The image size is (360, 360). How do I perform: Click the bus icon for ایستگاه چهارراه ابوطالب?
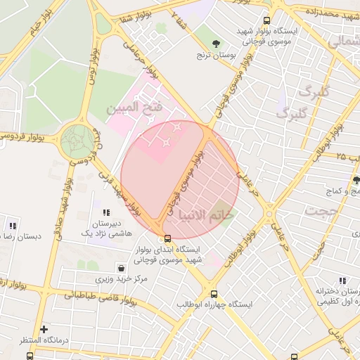tap(214, 295)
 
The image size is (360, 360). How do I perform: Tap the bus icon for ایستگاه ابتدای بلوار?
tap(167, 238)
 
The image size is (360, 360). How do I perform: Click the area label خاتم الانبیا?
tap(207, 215)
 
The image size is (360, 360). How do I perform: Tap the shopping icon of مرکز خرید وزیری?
tap(122, 268)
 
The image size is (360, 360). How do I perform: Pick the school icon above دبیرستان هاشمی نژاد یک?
tap(106, 212)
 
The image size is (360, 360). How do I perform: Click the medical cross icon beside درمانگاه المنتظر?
tap(44, 329)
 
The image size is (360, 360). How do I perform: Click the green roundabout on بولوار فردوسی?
tap(76, 141)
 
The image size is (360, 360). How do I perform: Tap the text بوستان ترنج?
tap(214, 55)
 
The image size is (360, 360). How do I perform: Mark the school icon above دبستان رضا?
tap(13, 226)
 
